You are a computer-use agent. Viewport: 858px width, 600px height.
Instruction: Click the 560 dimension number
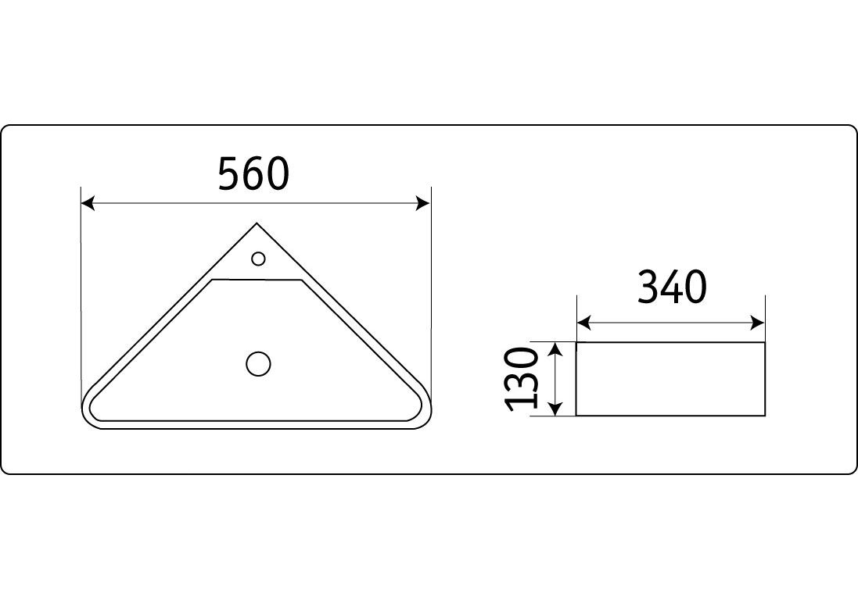253,173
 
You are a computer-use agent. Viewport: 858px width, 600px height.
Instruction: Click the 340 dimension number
672,287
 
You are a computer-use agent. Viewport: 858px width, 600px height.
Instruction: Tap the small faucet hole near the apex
258,258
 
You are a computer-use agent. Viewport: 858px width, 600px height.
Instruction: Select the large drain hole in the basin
258,363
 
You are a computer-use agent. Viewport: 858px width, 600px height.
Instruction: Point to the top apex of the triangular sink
257,223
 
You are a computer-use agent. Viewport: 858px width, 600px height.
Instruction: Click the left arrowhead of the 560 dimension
88,203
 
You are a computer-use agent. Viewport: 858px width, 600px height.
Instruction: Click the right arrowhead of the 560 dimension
423,203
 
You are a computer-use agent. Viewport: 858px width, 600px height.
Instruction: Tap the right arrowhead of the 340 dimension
757,323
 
